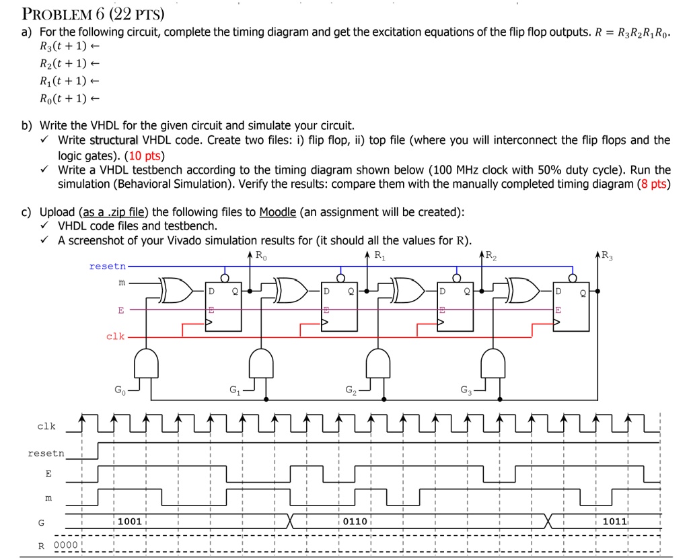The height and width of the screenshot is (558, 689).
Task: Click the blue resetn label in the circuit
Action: click(107, 267)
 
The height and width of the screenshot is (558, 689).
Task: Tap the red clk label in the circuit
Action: click(116, 337)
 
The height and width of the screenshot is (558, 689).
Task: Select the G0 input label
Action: click(120, 390)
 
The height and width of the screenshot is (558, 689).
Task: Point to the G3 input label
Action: click(466, 390)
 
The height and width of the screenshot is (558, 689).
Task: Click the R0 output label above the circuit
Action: click(261, 255)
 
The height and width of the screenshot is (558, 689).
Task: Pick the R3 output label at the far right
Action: click(608, 255)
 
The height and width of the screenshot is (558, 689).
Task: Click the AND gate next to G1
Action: click(261, 363)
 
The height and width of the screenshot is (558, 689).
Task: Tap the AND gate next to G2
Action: click(378, 363)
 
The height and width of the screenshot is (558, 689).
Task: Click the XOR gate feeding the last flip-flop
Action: click(523, 290)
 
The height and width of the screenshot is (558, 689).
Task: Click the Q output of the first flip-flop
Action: click(235, 291)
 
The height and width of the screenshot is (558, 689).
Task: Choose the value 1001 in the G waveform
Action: click(130, 522)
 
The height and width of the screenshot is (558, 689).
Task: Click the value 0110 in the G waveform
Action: click(355, 522)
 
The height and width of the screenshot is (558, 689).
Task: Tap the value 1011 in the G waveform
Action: click(615, 522)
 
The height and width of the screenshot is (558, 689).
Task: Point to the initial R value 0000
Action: click(65, 545)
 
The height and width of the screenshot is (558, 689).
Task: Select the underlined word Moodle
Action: click(278, 212)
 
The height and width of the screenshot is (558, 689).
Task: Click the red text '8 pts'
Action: click(654, 184)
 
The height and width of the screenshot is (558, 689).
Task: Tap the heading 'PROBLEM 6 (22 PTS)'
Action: click(93, 14)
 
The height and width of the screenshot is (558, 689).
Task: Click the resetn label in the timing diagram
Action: click(46, 454)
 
